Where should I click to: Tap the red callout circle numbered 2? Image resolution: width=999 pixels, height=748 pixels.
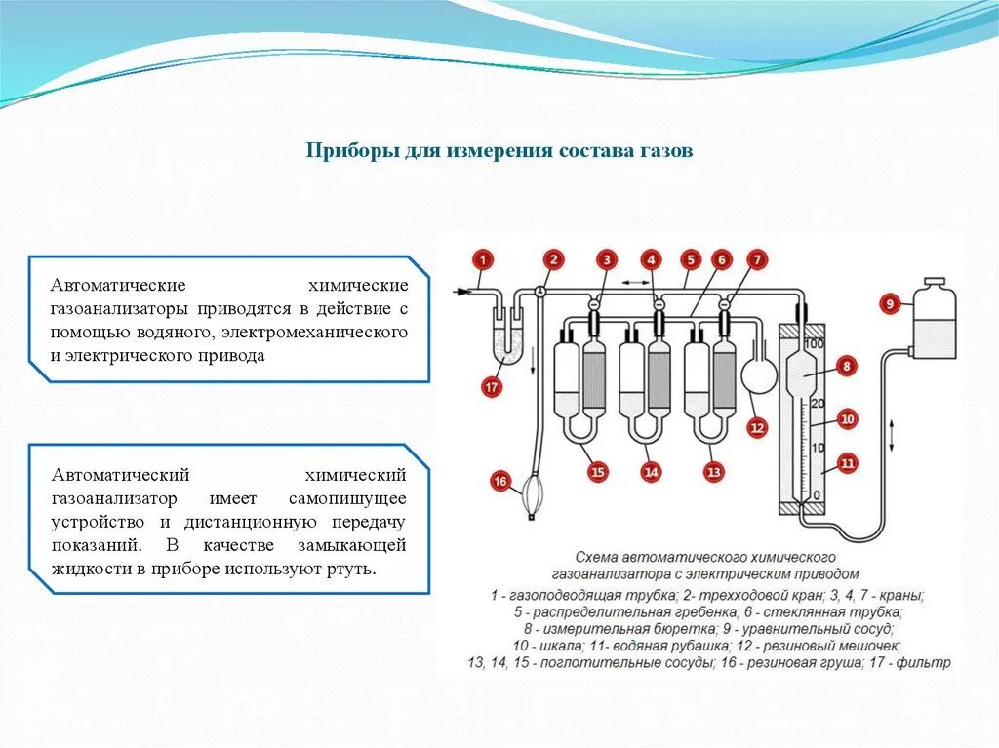(553, 259)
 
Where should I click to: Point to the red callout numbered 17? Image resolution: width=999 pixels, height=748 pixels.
(492, 388)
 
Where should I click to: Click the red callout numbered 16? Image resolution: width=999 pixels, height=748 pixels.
(500, 481)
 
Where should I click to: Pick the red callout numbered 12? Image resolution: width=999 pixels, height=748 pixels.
(756, 426)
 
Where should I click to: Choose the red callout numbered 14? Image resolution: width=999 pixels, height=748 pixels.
(651, 472)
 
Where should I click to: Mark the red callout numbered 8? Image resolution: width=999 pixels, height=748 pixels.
(847, 367)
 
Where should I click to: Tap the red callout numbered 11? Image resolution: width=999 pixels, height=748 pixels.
(847, 463)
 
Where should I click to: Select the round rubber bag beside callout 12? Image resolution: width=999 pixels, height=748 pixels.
(756, 375)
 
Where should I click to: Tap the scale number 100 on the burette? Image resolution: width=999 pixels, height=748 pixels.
(815, 344)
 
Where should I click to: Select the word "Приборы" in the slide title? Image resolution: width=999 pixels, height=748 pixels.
(346, 152)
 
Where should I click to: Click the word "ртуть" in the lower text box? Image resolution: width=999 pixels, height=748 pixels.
(354, 569)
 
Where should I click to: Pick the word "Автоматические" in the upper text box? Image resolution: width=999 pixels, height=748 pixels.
(119, 286)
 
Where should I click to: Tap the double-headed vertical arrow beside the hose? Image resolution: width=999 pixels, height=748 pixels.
(892, 433)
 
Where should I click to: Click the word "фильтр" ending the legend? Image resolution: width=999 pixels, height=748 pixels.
(923, 663)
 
